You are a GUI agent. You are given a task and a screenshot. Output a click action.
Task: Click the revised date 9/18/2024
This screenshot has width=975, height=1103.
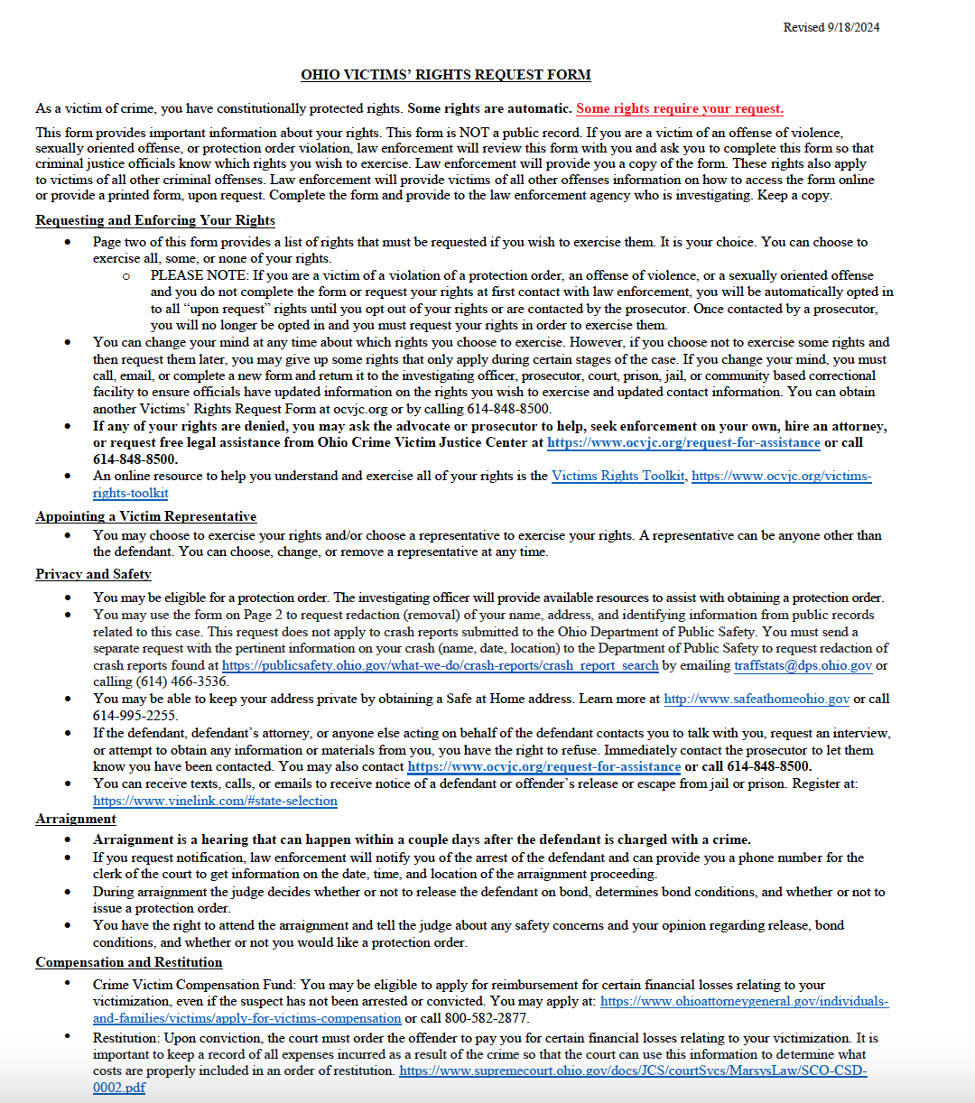(x=853, y=27)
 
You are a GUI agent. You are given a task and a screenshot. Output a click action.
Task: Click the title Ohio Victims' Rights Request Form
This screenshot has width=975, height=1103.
(x=446, y=75)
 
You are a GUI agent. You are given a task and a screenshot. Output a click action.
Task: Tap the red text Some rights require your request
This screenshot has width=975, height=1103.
(x=679, y=108)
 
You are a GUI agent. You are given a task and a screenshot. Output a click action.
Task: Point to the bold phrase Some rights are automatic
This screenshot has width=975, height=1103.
(x=489, y=108)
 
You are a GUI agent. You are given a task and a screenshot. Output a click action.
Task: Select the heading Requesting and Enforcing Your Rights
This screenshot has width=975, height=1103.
(x=155, y=220)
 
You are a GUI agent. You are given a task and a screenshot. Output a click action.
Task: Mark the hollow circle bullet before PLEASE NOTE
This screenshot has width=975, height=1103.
(x=125, y=276)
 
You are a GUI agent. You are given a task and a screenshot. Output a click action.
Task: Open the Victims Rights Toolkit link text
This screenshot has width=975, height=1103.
(x=617, y=476)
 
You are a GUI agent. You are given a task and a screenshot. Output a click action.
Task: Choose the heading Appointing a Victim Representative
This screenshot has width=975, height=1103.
(x=146, y=516)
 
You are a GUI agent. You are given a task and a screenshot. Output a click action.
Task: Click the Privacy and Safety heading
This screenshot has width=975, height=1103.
(x=93, y=574)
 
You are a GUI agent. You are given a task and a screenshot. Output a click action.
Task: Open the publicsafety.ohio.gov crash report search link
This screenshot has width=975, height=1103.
(x=440, y=665)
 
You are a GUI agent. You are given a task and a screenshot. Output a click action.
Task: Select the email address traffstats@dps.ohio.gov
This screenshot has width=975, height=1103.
(x=803, y=665)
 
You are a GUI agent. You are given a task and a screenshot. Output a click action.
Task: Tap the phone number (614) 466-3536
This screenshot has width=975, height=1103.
(x=181, y=681)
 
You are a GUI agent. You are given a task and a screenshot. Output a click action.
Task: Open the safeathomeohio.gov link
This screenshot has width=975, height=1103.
(x=756, y=699)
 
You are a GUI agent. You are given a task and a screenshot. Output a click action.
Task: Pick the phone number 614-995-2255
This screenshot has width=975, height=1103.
(x=135, y=716)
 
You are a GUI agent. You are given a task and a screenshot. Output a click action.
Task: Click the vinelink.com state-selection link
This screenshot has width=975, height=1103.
(x=215, y=801)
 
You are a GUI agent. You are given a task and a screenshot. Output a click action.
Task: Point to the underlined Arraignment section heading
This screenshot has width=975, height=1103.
(x=76, y=819)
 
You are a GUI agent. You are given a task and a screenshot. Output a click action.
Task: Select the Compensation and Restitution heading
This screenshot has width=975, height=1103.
(x=129, y=962)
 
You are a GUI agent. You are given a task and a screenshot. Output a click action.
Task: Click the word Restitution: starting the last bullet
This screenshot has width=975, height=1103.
(x=126, y=1038)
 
